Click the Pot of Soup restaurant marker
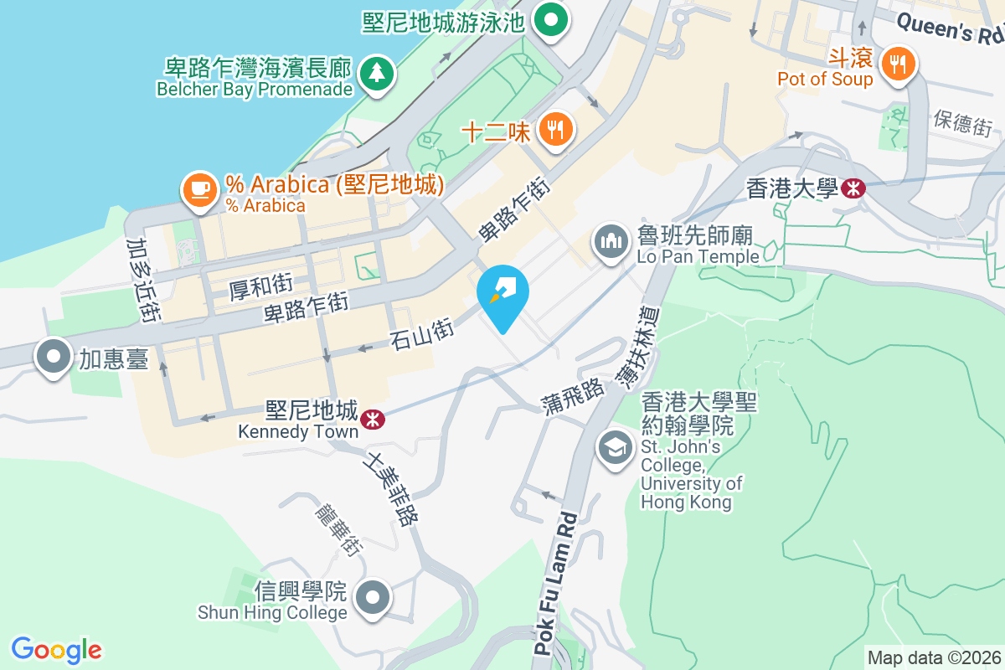tap(898, 64)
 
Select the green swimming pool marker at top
tap(550, 18)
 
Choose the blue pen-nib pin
tap(502, 295)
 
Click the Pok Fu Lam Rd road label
tap(554, 582)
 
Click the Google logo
tap(57, 649)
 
